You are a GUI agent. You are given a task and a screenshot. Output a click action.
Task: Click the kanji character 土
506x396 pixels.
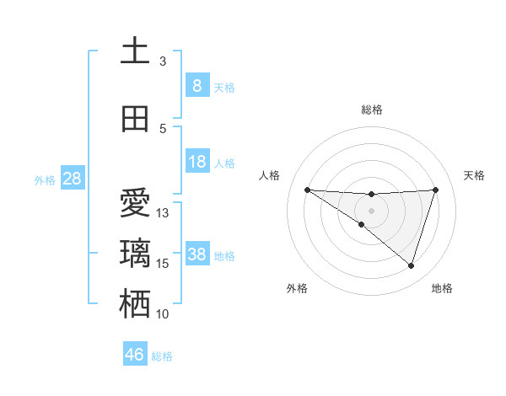tap(135, 51)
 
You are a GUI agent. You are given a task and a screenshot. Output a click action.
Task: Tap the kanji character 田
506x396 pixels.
tap(135, 119)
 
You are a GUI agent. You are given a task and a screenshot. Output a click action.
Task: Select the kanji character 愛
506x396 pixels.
tap(135, 203)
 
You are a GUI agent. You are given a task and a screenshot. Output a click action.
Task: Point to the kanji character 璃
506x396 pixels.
tap(135, 254)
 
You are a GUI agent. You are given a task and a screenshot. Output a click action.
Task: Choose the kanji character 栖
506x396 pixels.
tap(135, 304)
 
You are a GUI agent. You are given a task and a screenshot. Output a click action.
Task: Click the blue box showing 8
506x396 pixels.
tap(196, 86)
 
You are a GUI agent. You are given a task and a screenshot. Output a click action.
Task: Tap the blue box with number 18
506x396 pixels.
tap(196, 162)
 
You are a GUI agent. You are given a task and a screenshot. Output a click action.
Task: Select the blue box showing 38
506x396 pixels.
tap(196, 254)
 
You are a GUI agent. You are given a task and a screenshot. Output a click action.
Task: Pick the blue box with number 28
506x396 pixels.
tap(71, 179)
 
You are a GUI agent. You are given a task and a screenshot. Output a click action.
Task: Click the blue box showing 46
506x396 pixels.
tap(134, 355)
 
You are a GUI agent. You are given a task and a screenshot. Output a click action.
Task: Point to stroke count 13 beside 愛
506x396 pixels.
tap(163, 213)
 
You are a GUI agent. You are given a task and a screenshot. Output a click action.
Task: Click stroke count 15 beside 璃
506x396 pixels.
tap(163, 264)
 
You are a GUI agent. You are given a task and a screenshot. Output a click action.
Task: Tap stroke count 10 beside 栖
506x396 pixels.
tap(163, 314)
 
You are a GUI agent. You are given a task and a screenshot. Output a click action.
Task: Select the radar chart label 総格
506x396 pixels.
tap(371, 110)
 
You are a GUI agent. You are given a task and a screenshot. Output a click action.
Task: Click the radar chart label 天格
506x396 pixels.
tap(475, 175)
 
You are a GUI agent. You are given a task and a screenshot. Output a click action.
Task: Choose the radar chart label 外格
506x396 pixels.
tap(297, 288)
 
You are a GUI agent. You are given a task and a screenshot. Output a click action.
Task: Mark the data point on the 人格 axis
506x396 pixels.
tap(307, 190)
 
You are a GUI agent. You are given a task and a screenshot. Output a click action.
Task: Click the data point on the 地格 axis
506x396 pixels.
tap(411, 265)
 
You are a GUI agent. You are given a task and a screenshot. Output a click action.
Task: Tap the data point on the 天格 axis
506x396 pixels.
tap(435, 190)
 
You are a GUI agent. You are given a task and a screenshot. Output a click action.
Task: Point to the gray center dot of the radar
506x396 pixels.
tap(371, 210)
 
